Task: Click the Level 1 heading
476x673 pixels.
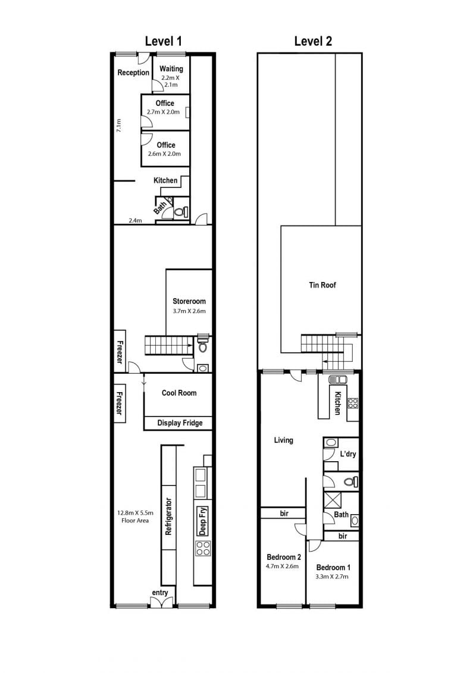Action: click(164, 41)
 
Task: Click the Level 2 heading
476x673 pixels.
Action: click(313, 41)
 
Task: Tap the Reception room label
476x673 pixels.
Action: click(133, 73)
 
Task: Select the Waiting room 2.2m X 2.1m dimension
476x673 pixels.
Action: click(170, 81)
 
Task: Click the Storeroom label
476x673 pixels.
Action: click(189, 301)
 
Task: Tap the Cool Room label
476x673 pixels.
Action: click(179, 393)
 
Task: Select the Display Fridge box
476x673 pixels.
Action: click(178, 423)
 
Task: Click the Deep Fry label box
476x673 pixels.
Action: click(202, 521)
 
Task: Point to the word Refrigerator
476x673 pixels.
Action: click(168, 517)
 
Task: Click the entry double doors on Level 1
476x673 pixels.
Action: click(160, 603)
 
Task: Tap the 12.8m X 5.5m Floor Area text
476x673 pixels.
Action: click(135, 517)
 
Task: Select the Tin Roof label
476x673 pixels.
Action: click(322, 285)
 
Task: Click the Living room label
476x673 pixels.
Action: click(283, 440)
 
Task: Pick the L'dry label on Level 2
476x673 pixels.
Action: click(348, 453)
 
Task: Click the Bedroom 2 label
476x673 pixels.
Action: click(284, 557)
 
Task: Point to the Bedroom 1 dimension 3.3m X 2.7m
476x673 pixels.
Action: click(332, 577)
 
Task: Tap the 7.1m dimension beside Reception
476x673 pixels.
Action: click(119, 126)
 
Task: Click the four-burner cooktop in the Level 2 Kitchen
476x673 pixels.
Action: click(353, 403)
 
